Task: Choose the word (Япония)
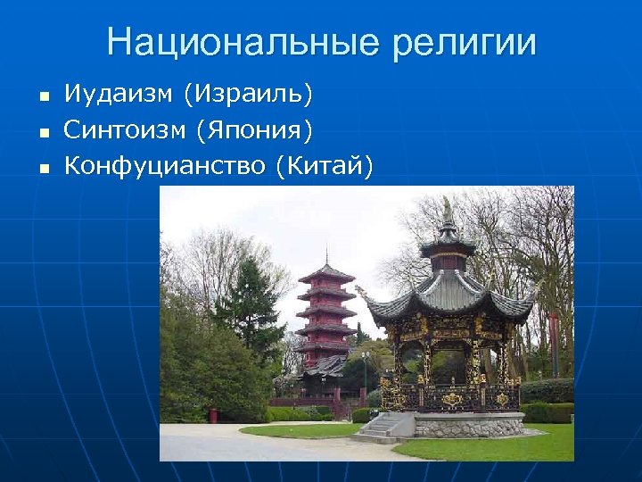pyautogui.click(x=251, y=131)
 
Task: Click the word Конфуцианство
pyautogui.click(x=164, y=166)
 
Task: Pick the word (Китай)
pyautogui.click(x=325, y=167)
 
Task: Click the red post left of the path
pyautogui.click(x=212, y=415)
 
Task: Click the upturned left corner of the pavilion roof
pyautogui.click(x=361, y=291)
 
